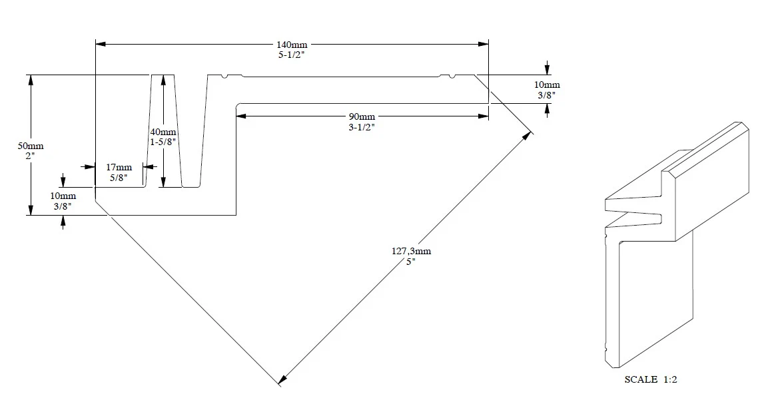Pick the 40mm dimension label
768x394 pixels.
(163, 132)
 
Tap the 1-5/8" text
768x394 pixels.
(163, 142)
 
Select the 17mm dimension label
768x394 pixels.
(119, 167)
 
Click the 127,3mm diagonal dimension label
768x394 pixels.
(412, 251)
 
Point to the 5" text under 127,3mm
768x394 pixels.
(412, 262)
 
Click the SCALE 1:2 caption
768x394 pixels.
(651, 379)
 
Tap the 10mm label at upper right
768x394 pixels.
(547, 85)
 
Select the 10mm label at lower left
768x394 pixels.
(63, 196)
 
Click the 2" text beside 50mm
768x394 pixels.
(31, 156)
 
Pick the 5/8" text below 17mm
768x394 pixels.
(119, 177)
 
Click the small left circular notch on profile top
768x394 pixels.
(225, 77)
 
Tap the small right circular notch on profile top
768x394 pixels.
(453, 77)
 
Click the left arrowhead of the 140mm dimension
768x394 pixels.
(100, 45)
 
